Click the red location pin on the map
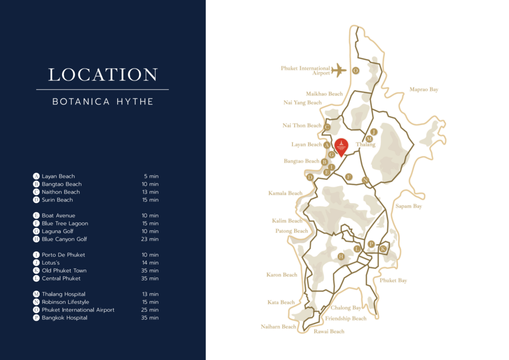point(341,147)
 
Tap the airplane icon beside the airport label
point(339,70)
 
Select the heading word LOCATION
point(103,75)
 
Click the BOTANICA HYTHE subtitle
point(103,101)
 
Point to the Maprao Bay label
point(424,90)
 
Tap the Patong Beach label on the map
point(292,231)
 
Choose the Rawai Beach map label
point(329,331)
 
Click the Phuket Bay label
point(393,280)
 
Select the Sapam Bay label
point(408,206)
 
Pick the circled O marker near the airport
point(355,71)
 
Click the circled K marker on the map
point(383,249)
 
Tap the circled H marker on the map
point(341,257)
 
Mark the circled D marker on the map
point(310,178)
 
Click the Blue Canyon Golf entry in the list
point(64,239)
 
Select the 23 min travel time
point(150,239)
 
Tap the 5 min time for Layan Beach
point(152,176)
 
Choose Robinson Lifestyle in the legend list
point(65,302)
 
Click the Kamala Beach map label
point(285,193)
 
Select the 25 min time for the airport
point(150,310)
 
